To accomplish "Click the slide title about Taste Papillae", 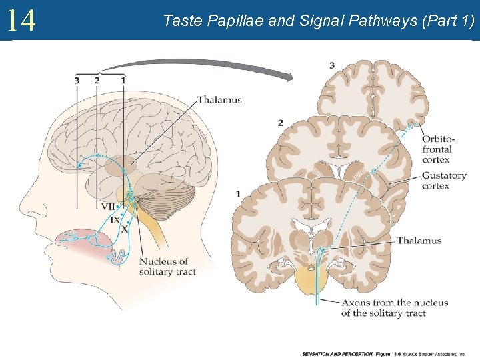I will [319, 21].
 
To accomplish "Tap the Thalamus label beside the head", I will [219, 100].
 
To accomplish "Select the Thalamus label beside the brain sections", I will [419, 241].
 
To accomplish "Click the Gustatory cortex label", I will [444, 181].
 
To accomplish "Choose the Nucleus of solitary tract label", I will [163, 267].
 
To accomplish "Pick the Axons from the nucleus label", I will [395, 307].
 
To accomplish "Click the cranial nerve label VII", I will [107, 207].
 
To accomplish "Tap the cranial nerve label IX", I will [115, 219].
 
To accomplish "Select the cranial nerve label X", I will [123, 228].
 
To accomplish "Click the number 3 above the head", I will [77, 80].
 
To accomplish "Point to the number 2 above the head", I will [97, 80].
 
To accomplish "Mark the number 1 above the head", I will [123, 80].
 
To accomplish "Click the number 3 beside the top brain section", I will [332, 65].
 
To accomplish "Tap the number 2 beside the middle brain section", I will [281, 123].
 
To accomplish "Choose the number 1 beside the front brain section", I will [238, 193].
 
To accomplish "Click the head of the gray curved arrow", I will [287, 77].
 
